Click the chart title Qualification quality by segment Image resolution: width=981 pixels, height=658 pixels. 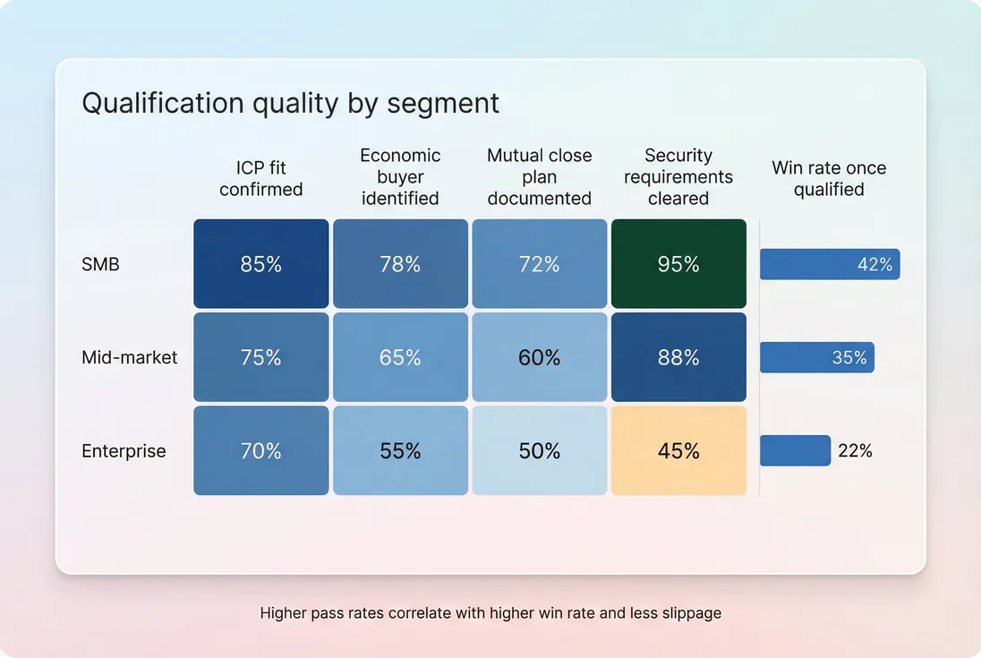(x=290, y=103)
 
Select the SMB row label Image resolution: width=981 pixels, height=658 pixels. (x=99, y=264)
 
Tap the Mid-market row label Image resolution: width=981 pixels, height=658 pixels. (x=130, y=358)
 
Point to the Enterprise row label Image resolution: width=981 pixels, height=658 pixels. (x=124, y=451)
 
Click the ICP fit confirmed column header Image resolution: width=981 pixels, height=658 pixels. (x=261, y=178)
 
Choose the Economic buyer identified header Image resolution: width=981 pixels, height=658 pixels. (x=400, y=177)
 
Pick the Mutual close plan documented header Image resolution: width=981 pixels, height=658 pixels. (x=540, y=177)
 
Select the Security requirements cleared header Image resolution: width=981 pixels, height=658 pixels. (x=678, y=177)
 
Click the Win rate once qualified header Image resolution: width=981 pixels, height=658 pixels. (x=829, y=178)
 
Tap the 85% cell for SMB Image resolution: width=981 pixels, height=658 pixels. (x=261, y=264)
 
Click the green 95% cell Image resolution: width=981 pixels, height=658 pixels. (x=678, y=264)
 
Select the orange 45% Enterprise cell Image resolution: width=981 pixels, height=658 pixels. (x=678, y=451)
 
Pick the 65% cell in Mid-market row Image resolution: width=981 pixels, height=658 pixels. (x=400, y=358)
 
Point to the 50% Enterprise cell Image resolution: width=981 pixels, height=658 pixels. (x=540, y=451)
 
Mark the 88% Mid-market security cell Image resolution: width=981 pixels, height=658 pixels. (x=678, y=358)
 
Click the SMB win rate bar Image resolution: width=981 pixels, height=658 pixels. (x=829, y=264)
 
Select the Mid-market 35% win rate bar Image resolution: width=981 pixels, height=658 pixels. (x=816, y=358)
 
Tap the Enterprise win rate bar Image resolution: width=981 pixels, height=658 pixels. (x=795, y=451)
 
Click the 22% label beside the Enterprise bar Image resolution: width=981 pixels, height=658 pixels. (x=855, y=451)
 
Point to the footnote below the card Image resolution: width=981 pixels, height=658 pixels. (x=490, y=613)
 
